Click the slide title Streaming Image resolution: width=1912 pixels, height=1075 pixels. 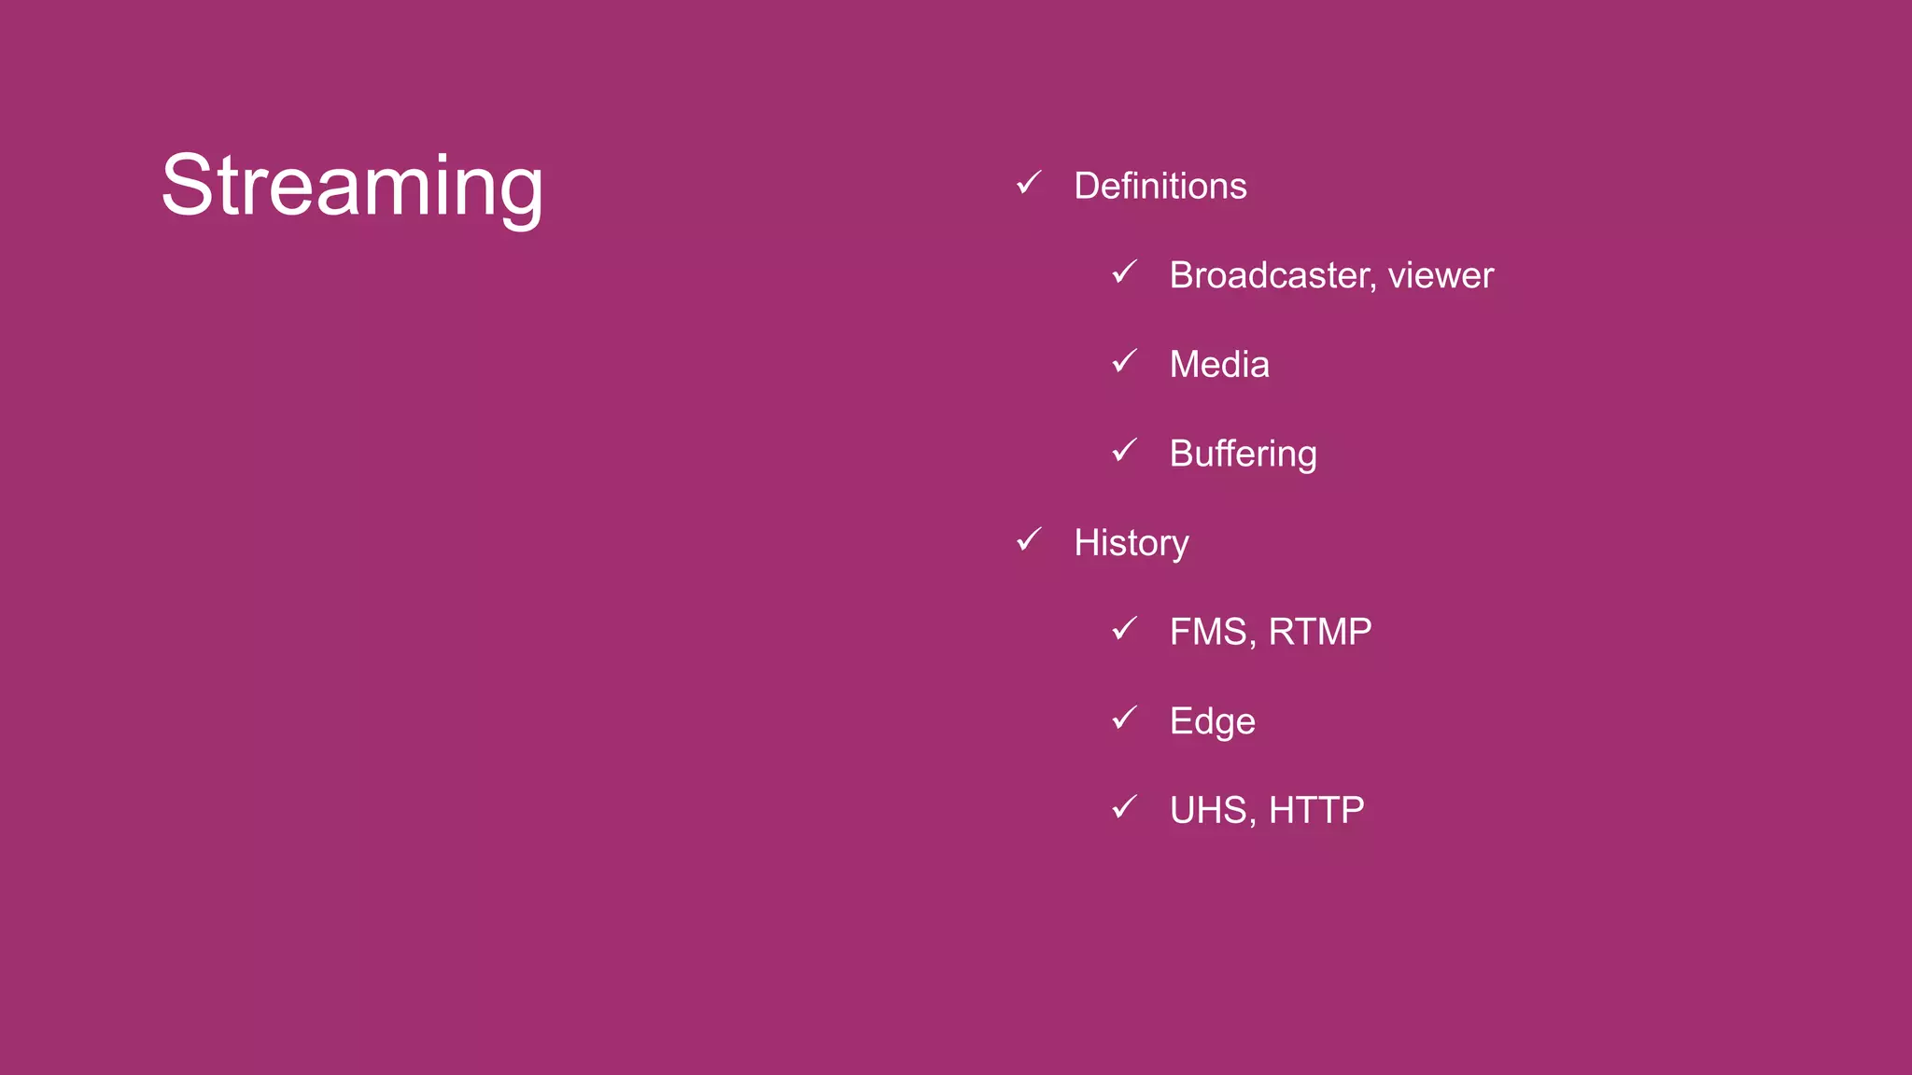(352, 186)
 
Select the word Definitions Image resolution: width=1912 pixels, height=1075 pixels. (1160, 186)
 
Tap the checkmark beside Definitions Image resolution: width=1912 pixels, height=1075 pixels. (1028, 183)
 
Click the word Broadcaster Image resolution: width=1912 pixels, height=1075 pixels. (1271, 275)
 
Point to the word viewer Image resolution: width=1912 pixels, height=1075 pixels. (1441, 276)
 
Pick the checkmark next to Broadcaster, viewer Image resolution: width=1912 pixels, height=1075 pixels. (1124, 272)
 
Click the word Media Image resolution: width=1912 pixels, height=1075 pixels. (1219, 364)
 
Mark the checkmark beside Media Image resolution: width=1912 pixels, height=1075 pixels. (1124, 361)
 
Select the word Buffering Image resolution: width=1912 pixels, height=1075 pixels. (1243, 454)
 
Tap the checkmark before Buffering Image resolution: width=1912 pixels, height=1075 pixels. (1124, 451)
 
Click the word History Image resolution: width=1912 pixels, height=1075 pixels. (1131, 543)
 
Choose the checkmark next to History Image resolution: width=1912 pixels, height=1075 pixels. (1028, 539)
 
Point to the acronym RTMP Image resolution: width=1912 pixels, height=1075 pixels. (1320, 632)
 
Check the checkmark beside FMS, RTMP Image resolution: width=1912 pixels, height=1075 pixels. (1124, 629)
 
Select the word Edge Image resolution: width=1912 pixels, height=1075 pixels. (1212, 721)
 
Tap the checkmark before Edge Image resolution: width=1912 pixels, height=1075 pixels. (1124, 718)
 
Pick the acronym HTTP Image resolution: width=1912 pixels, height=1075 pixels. (1316, 810)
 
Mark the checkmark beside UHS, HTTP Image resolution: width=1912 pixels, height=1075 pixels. (1124, 807)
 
